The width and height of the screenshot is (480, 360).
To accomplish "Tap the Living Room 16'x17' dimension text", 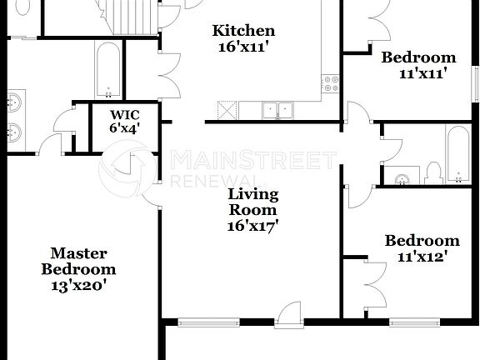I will click(x=252, y=225).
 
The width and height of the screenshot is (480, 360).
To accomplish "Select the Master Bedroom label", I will click(x=78, y=262).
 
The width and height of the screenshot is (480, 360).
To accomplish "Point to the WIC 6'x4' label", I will click(x=125, y=122).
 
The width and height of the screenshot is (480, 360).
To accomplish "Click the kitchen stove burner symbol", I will click(x=331, y=83).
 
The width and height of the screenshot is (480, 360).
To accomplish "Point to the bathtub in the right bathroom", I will click(x=457, y=154).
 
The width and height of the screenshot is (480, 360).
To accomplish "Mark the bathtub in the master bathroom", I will click(x=108, y=71).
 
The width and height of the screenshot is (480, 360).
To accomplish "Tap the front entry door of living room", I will click(x=288, y=315).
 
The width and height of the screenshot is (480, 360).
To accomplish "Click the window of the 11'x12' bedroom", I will click(x=413, y=322).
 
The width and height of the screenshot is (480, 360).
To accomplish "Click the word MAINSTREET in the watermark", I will click(x=253, y=160).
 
